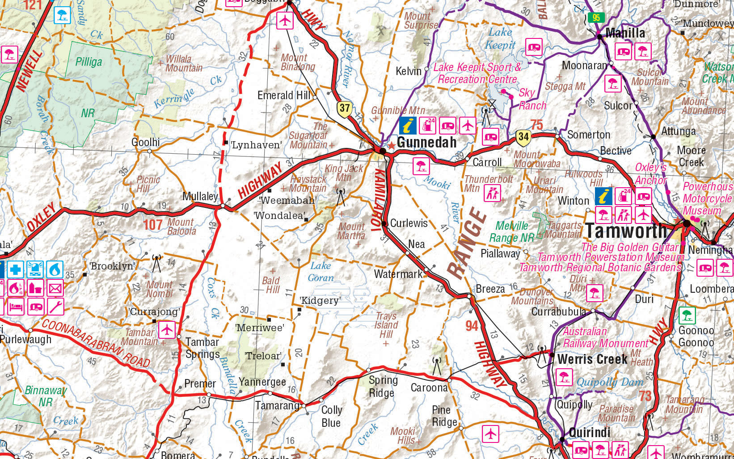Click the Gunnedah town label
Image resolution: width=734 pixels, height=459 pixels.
click(426, 143)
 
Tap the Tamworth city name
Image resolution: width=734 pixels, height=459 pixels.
click(626, 231)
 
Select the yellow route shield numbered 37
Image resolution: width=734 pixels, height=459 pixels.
click(344, 109)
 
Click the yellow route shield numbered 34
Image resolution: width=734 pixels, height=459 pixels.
click(523, 137)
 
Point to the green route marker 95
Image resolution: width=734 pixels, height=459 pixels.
click(596, 18)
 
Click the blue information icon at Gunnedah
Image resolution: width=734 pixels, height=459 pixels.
click(407, 126)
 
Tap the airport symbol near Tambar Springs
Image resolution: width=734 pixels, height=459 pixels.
click(166, 330)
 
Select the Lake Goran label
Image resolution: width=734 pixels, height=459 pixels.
click(321, 272)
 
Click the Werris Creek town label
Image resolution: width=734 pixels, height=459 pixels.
click(592, 359)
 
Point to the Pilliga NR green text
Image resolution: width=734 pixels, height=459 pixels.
click(89, 62)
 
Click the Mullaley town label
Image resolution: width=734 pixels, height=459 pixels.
click(200, 196)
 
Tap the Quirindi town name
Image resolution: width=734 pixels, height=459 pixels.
click(589, 433)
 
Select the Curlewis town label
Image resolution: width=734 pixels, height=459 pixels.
click(409, 223)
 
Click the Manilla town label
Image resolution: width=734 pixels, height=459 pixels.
click(625, 33)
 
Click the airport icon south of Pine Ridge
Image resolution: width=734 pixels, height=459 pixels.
click(490, 434)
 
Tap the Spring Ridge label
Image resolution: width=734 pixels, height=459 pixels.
click(383, 386)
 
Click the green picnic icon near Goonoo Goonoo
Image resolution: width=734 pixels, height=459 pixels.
click(687, 316)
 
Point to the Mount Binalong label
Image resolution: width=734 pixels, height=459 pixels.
click(298, 62)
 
